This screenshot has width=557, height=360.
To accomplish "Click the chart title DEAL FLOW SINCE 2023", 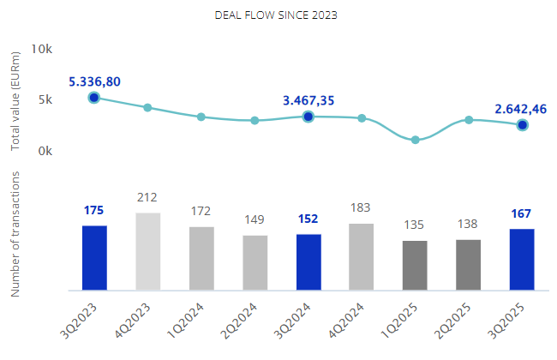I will coord(276,15).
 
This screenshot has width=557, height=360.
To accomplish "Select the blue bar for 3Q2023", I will coord(94,257).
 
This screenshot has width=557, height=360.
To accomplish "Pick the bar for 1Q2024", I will coord(201,258).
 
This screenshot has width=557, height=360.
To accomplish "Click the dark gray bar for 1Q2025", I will coord(415,265).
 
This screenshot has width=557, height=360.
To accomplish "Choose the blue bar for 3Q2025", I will coord(522,259).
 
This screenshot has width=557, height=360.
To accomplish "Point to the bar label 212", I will coord(147,198).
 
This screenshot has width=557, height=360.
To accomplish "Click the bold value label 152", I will coord(308,219).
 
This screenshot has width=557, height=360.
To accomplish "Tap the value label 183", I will coord(362,208).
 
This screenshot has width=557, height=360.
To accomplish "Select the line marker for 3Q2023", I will coord(94,98).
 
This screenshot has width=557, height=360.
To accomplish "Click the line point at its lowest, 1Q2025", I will coord(415,140).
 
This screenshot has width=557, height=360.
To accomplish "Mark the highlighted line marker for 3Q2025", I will coord(522,125).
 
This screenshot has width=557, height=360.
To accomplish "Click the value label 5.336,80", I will coord(95,81).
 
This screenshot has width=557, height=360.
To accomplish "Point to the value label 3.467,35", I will coord(308,100).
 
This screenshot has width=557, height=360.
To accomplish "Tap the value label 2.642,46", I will coord(521,109).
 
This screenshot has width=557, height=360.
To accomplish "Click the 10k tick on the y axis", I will coord(42,49).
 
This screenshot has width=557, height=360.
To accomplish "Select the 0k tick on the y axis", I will coord(45,151).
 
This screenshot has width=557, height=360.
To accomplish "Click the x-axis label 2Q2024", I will coord(243,316).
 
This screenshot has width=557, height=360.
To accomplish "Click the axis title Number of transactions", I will coord(15,233).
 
